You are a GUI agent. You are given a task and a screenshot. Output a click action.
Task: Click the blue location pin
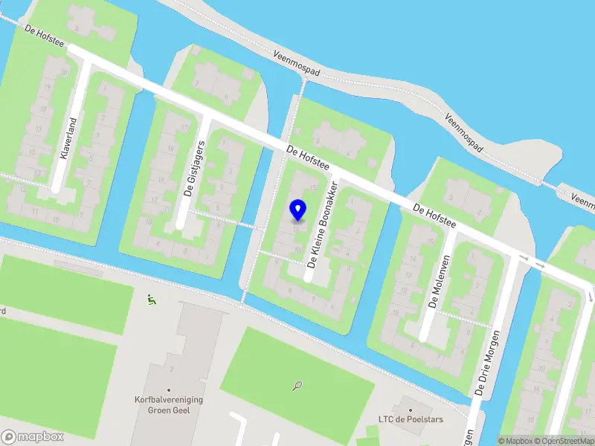[x=297, y=210]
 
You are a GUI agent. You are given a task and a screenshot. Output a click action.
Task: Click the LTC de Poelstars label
[x=410, y=420]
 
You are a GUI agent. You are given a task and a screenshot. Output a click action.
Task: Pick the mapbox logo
[x=33, y=437]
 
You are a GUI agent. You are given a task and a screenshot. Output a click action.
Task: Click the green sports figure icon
[x=152, y=300]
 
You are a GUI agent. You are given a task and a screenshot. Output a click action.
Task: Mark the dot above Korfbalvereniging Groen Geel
[x=169, y=390]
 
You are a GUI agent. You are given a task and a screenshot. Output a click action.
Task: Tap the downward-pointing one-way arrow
[x=590, y=294]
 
